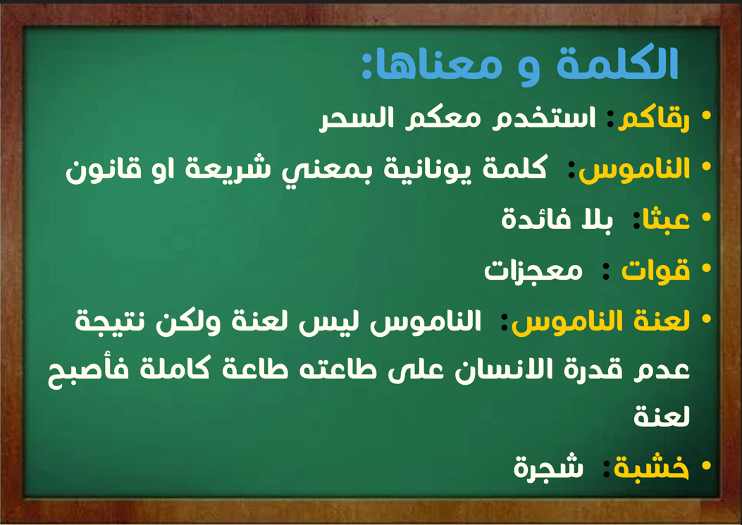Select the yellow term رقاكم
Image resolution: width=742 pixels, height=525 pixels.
(654, 118)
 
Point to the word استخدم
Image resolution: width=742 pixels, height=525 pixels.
(544, 118)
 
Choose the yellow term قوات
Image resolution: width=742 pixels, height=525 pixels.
(655, 271)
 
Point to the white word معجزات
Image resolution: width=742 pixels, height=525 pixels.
(533, 271)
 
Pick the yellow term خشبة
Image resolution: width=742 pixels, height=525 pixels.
(651, 468)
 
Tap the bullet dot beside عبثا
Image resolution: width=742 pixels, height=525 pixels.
(707, 218)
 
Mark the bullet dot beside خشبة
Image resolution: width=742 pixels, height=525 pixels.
(707, 466)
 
